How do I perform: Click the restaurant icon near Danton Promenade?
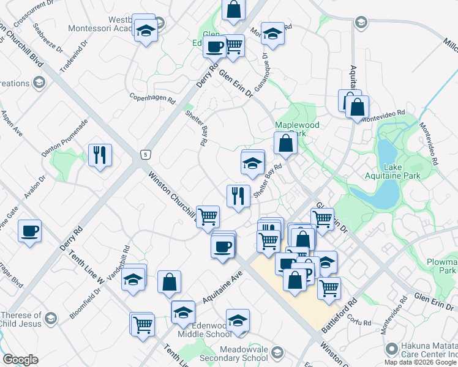(100, 155)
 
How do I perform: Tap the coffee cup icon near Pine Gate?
(29, 231)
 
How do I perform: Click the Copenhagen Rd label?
(153, 97)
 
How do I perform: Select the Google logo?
(20, 359)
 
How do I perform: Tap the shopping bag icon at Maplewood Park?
(285, 144)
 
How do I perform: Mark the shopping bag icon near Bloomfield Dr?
(169, 282)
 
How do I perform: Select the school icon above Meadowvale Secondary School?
(238, 320)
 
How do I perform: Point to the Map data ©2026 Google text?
(420, 362)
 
